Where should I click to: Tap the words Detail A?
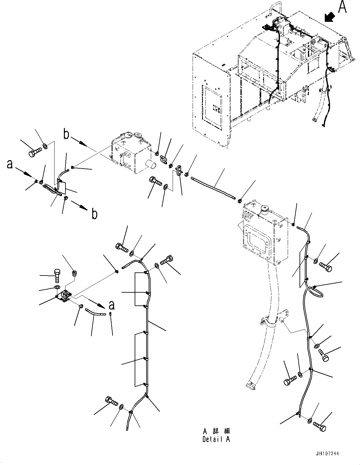pos(216,439)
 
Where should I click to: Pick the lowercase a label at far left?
pos(10,164)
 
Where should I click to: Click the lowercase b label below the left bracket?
pos(94,214)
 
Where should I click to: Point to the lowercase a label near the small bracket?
pos(112,305)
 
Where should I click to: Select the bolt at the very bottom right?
pos(319,426)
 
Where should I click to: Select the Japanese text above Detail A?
pos(216,431)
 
